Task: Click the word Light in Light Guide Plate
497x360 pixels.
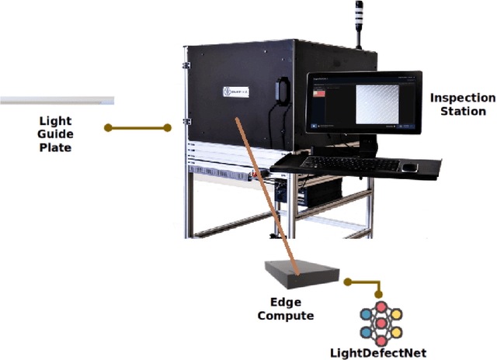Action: pyautogui.click(x=54, y=120)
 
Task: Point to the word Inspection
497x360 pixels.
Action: pyautogui.click(x=462, y=98)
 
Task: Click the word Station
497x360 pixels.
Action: pyautogui.click(x=463, y=111)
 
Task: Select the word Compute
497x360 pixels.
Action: pyautogui.click(x=286, y=316)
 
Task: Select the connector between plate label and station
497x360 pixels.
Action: pyautogui.click(x=137, y=127)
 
